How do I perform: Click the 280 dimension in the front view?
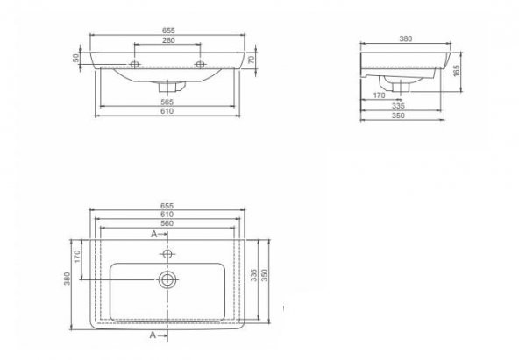167,39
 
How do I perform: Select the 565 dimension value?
167,102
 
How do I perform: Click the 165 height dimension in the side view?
458,71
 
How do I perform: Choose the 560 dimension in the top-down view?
167,223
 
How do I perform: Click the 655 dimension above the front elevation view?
167,31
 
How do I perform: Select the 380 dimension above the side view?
405,39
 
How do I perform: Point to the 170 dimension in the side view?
379,95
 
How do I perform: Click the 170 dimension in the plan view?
77,258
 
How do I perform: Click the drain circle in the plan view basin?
167,279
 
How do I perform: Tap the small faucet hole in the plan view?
167,253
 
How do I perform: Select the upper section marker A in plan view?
153,235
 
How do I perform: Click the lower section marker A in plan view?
153,335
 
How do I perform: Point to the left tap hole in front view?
135,63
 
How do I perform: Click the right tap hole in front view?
201,63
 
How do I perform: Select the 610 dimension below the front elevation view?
167,112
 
